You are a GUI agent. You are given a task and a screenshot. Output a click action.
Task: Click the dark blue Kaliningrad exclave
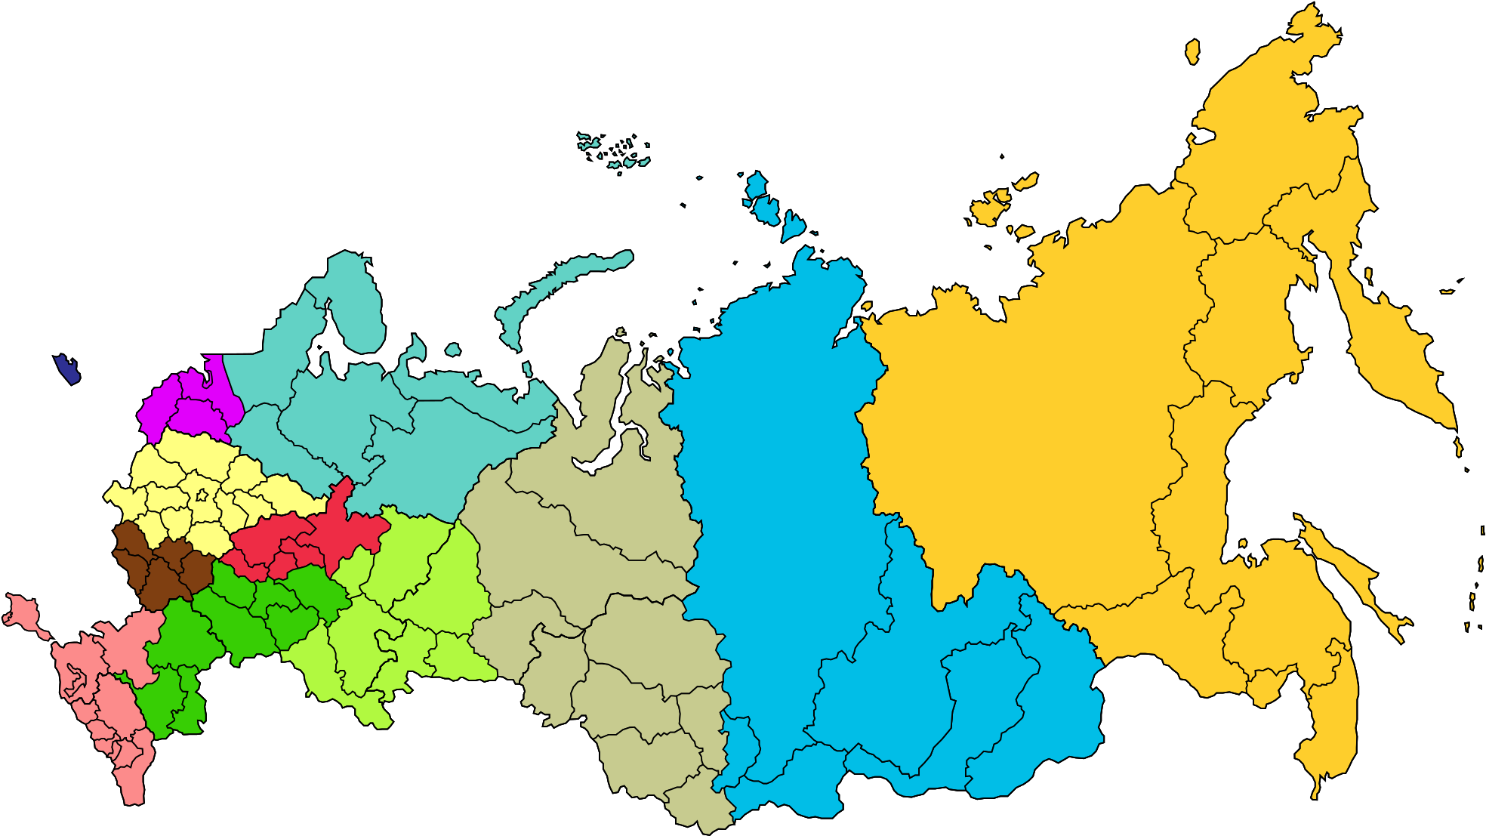coord(67,369)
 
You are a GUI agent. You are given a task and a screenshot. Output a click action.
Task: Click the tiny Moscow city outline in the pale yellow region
coord(202,496)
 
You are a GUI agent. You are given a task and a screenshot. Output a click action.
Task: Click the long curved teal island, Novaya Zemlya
coord(544,291)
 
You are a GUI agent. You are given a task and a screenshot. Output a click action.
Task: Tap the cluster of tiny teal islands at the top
coord(615,150)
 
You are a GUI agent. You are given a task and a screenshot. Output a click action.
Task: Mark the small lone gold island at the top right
coord(1192,51)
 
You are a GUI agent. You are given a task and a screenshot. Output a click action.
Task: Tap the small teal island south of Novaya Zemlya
coord(453,350)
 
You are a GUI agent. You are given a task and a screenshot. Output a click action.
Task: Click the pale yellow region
coord(189,461)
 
